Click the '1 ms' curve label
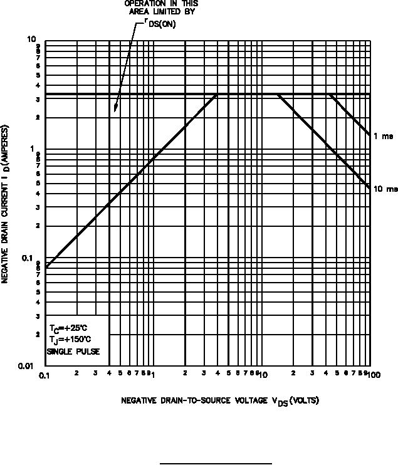point(384,136)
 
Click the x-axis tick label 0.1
point(45,375)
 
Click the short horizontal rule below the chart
point(216,464)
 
